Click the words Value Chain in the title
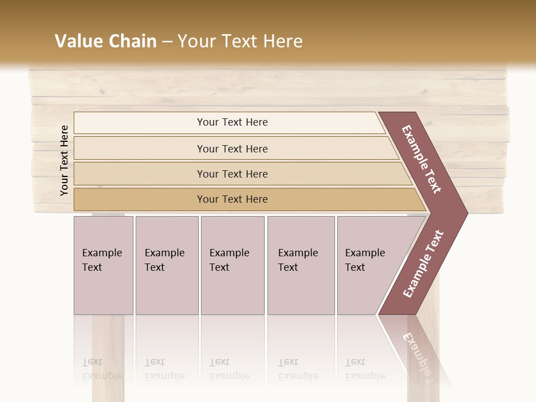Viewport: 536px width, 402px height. (106, 41)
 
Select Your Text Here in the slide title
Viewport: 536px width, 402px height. (240, 41)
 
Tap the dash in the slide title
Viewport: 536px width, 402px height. (166, 42)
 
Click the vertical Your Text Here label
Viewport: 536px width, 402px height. (64, 161)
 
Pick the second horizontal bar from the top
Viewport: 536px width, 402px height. (232, 149)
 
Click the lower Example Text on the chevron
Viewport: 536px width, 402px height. (423, 264)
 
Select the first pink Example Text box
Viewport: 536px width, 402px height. (103, 265)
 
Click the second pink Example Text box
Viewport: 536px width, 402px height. (167, 265)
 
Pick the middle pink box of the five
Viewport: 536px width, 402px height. (232, 265)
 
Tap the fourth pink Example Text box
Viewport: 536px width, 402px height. (301, 265)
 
